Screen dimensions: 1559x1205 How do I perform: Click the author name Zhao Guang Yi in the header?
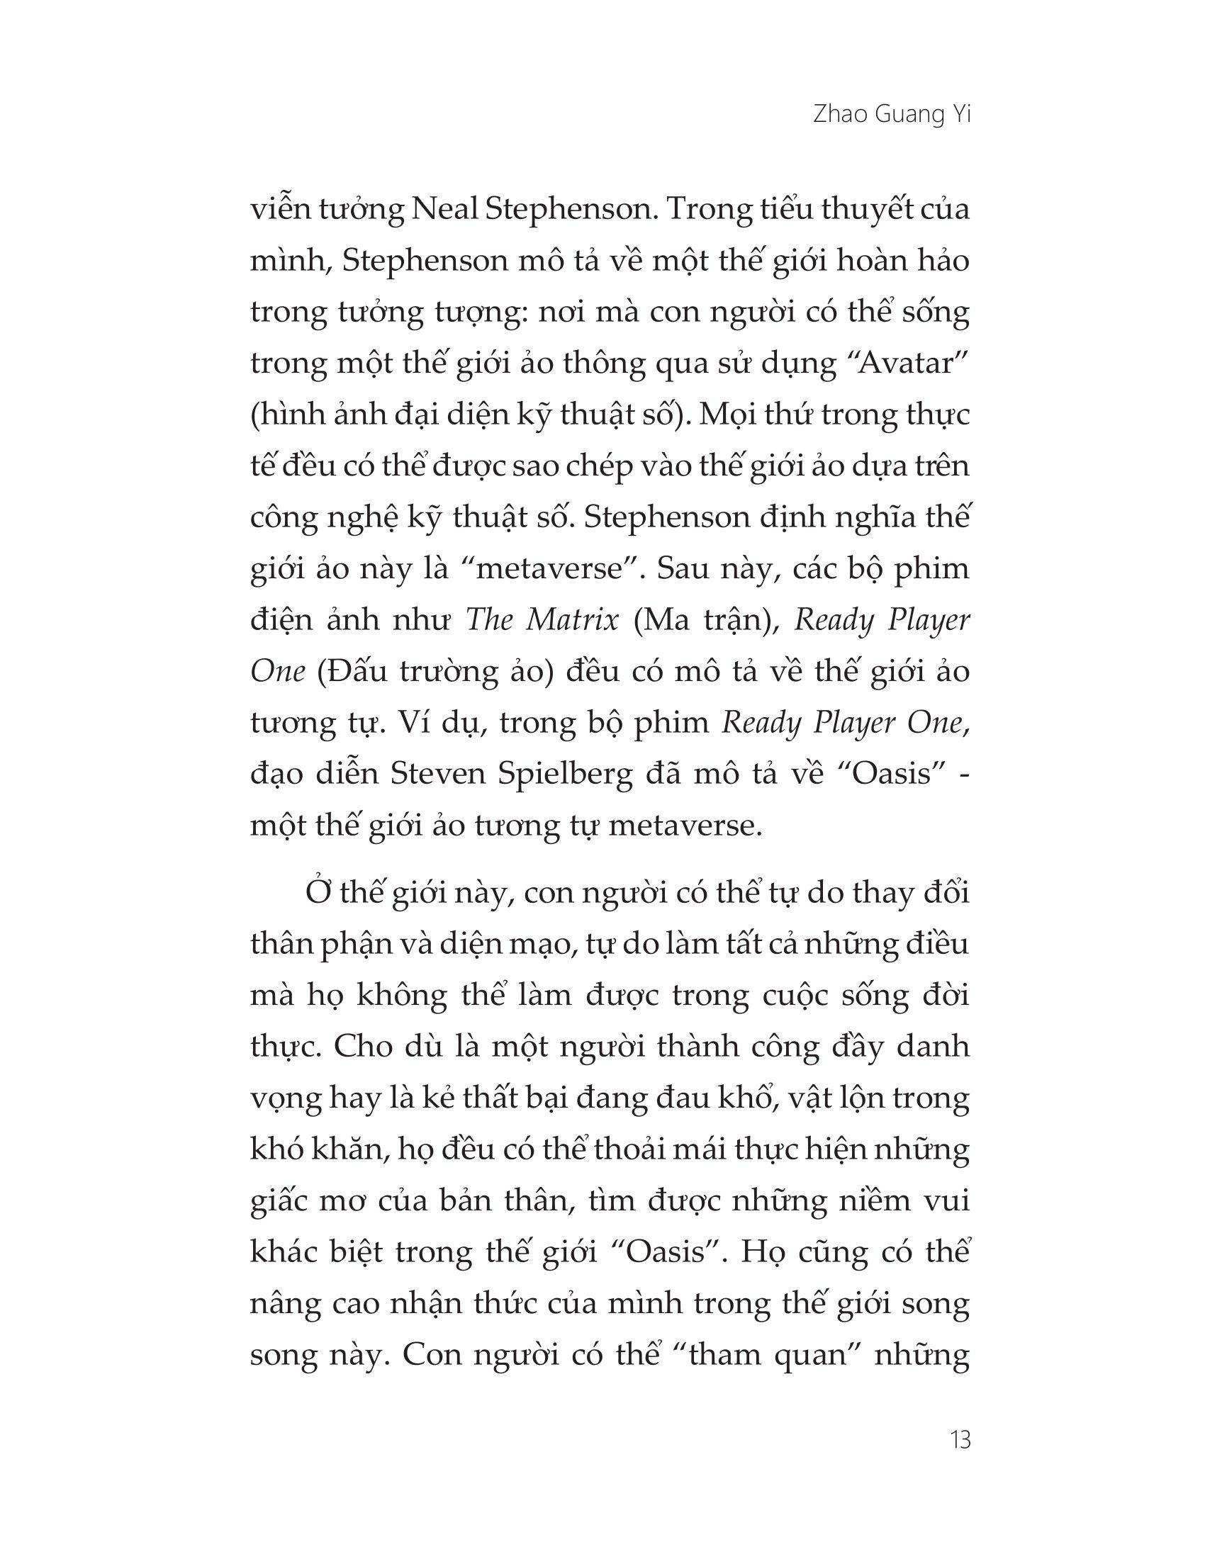892,116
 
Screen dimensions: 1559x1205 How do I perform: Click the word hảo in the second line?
943,262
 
